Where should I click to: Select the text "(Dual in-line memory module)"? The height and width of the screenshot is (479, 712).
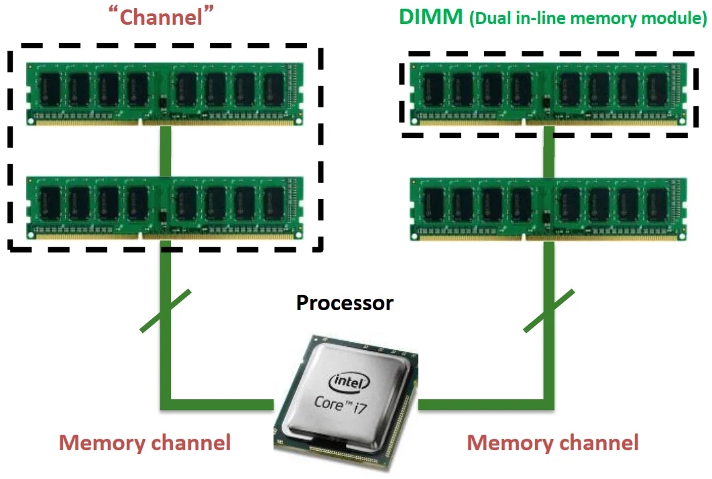pyautogui.click(x=588, y=18)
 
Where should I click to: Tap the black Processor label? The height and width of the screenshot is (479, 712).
pyautogui.click(x=345, y=303)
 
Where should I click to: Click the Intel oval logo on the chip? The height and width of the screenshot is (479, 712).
pyautogui.click(x=349, y=383)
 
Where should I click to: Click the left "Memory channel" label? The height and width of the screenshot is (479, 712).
pyautogui.click(x=145, y=442)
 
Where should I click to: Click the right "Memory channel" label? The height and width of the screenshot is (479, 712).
pyautogui.click(x=552, y=442)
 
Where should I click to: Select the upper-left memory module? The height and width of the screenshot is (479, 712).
pyautogui.click(x=165, y=93)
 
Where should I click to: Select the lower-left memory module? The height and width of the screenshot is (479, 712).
pyautogui.click(x=165, y=208)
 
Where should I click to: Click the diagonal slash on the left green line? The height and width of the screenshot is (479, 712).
pyautogui.click(x=166, y=311)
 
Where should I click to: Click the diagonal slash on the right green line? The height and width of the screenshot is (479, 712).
pyautogui.click(x=548, y=311)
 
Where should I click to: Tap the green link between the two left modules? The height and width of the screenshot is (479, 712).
pyautogui.click(x=165, y=151)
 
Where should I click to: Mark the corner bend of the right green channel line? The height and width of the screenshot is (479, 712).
pyautogui.click(x=548, y=403)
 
